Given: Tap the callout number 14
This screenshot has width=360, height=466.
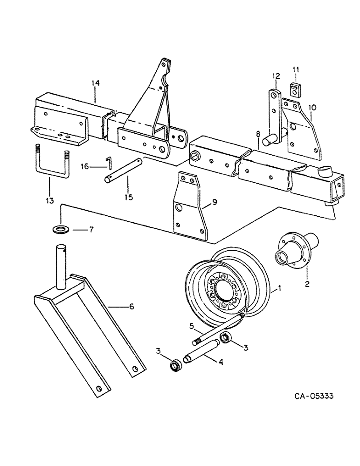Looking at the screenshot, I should coord(95,83).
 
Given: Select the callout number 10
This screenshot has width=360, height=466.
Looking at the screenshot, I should coord(312,107).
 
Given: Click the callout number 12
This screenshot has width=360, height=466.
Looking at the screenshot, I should coord(276,76).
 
